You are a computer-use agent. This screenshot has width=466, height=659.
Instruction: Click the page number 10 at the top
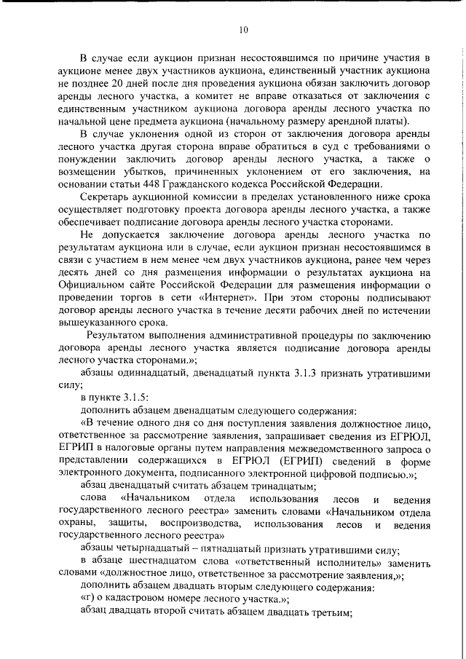pyautogui.click(x=243, y=29)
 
